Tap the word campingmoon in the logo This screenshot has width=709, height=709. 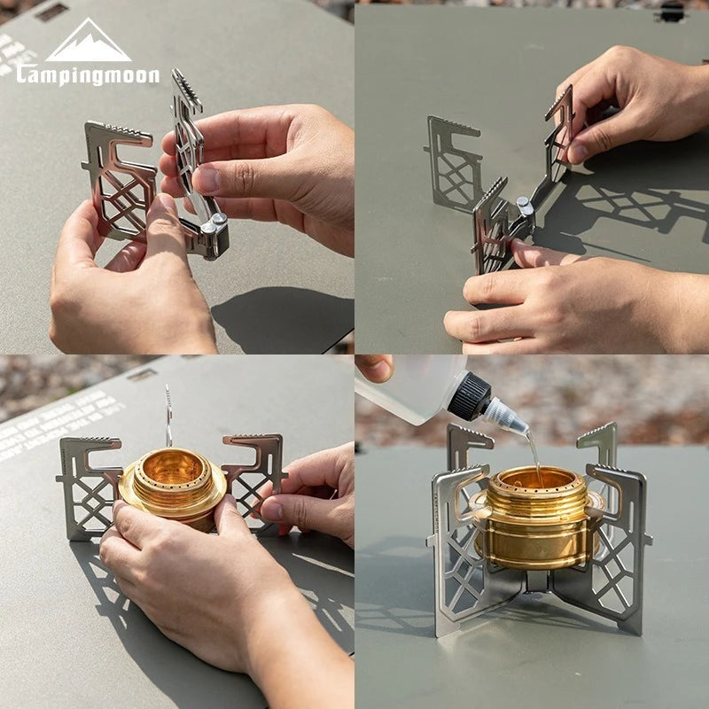click(x=88, y=75)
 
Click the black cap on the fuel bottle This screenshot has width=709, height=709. click(x=469, y=396)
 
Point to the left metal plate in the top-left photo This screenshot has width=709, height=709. click(x=120, y=177)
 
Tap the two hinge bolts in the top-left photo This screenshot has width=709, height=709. click(x=213, y=227)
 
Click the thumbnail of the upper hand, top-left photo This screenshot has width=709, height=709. click(x=206, y=179)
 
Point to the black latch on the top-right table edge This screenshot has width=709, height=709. click(x=671, y=12)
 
